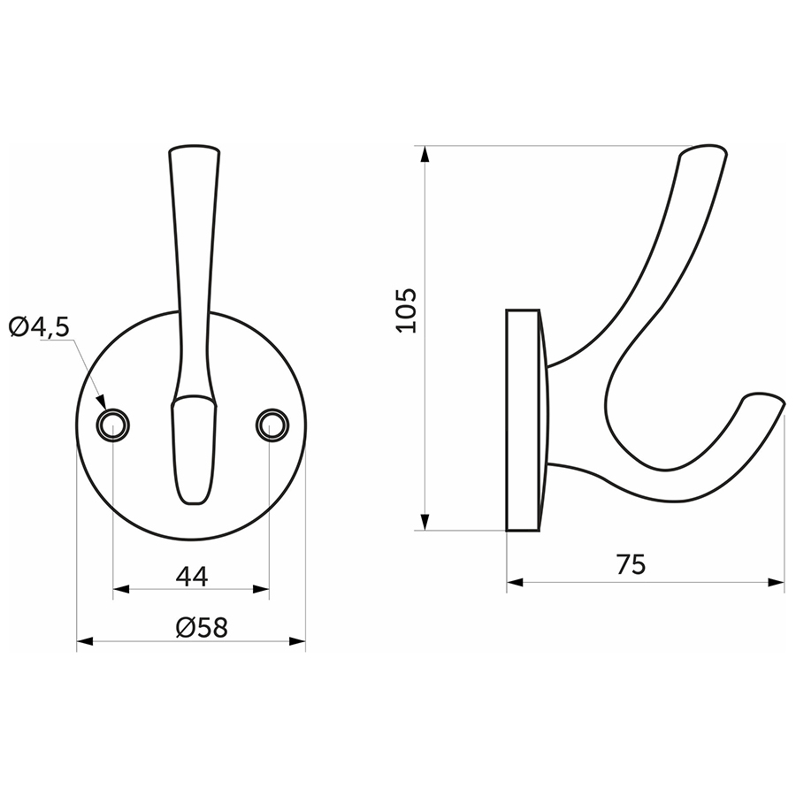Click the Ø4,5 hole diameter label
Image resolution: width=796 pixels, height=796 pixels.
39,327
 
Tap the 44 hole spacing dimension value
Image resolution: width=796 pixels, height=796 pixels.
192,576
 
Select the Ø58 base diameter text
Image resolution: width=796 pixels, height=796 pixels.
202,627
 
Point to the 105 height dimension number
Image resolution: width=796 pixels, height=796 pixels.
406,310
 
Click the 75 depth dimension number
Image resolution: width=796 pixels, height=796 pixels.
631,564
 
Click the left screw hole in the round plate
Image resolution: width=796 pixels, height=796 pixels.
112,425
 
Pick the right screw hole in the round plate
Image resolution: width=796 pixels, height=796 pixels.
272,425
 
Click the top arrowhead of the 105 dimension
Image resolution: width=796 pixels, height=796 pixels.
425,154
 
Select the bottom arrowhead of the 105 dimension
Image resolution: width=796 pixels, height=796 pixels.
425,522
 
